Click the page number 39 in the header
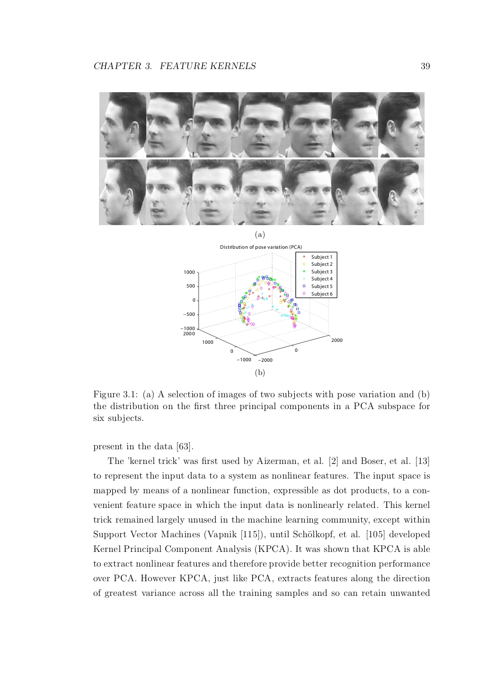click(425, 66)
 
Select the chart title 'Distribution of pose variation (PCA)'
click(261, 247)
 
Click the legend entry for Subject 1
click(321, 257)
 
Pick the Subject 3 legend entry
click(321, 271)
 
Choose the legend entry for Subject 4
click(321, 279)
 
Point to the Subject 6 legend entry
click(321, 294)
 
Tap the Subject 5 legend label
click(321, 287)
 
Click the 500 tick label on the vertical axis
click(190, 286)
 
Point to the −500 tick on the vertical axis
click(189, 314)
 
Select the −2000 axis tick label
click(264, 360)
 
